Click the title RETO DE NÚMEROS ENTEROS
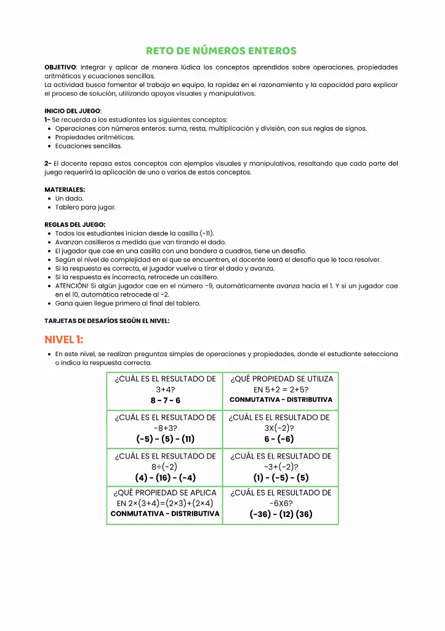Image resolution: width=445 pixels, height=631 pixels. (x=221, y=51)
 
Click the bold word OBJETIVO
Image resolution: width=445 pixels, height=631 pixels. (x=60, y=67)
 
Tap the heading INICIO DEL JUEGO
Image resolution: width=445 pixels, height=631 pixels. (x=73, y=111)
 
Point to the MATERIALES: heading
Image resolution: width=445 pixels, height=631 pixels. (x=65, y=190)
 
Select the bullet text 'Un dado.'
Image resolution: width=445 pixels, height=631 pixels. (x=69, y=198)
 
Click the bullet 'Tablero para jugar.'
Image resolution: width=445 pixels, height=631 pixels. (x=85, y=208)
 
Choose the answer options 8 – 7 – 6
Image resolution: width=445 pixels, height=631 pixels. (x=165, y=401)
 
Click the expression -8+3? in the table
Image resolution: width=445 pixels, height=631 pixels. (x=165, y=428)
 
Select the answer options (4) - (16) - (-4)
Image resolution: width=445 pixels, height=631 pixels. (x=165, y=478)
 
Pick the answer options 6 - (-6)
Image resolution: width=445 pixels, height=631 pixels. (x=279, y=439)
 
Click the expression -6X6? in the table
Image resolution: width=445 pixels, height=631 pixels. (x=281, y=503)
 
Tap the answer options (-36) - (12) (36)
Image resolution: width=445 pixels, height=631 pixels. (x=281, y=515)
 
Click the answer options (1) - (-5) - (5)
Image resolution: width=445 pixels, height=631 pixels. (x=281, y=478)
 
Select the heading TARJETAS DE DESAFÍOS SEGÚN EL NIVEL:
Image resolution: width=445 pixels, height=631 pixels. (x=106, y=321)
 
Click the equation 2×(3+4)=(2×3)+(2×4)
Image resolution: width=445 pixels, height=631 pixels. (x=165, y=503)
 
